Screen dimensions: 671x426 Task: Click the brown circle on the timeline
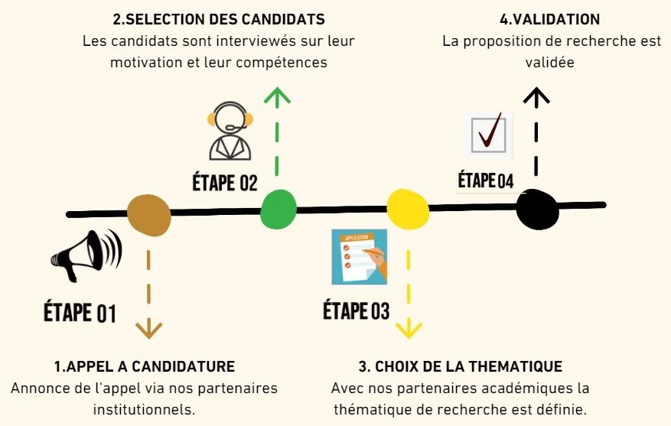coord(148,213)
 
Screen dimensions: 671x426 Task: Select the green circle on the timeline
coord(278,209)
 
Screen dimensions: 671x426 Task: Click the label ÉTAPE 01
coord(79,312)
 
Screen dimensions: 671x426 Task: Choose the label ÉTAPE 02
coord(225,183)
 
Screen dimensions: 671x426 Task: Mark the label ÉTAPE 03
coord(356,311)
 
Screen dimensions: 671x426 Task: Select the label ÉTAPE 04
coord(485,181)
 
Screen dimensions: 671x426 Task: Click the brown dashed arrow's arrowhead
coord(148,330)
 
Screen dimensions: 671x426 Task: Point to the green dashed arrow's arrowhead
coord(277,95)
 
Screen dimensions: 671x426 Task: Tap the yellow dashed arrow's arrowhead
coord(409,330)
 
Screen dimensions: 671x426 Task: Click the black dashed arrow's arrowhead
coord(537,95)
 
